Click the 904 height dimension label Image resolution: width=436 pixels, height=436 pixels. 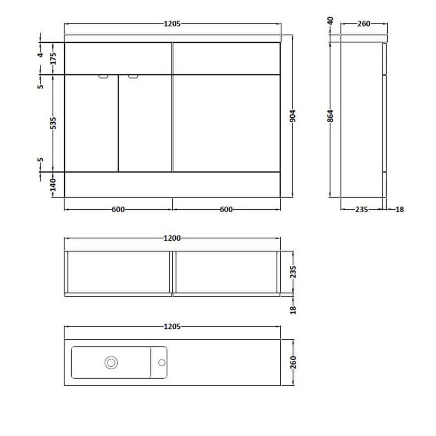tap(293, 116)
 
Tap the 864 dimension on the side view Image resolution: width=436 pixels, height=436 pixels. tap(330, 116)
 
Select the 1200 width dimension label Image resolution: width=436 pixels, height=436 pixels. tap(172, 238)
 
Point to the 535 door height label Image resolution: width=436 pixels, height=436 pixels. tap(53, 123)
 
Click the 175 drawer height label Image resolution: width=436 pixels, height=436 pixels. tap(53, 58)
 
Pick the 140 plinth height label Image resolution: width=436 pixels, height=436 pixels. tap(53, 185)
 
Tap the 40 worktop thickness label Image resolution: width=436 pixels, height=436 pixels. tap(330, 21)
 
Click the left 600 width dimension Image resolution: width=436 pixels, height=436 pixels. tap(118, 209)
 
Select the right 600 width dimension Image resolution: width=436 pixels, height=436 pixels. tap(226, 209)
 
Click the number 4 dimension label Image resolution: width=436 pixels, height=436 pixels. tap(41, 55)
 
